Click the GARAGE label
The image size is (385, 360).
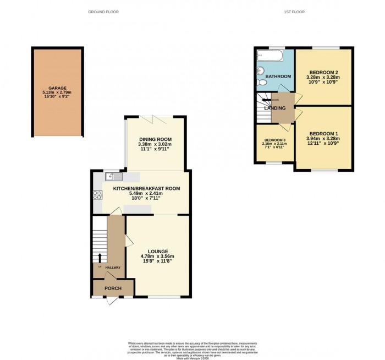tap(57, 88)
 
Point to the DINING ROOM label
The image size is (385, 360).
tap(155, 139)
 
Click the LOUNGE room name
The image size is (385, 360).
tap(157, 251)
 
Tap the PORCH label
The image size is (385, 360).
tap(113, 288)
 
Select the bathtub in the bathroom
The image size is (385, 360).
tap(269, 56)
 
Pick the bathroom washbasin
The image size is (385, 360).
tap(261, 70)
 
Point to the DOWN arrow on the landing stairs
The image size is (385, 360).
tap(268, 100)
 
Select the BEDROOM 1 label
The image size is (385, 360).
tap(322, 134)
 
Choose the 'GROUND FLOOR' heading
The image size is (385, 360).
tap(103, 12)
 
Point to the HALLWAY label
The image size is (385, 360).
tap(113, 268)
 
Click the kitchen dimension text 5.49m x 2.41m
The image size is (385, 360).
tap(146, 193)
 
